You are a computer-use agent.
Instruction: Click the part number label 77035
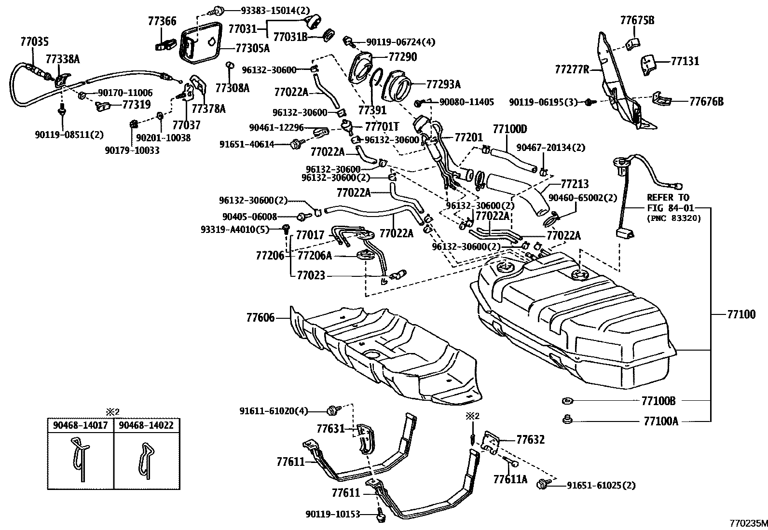coord(34,41)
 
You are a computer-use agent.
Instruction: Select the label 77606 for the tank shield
coord(260,318)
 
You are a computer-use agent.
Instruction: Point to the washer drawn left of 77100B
coord(567,401)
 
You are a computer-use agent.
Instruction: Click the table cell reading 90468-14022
coord(146,426)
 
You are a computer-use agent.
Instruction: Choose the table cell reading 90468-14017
coord(81,426)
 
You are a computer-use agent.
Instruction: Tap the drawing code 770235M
coord(747,523)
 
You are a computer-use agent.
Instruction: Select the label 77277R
coord(572,69)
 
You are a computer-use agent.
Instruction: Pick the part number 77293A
coord(443,84)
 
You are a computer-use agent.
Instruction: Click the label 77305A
coord(252,48)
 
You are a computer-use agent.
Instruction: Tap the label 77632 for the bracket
coord(530,440)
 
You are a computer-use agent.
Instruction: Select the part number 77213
coord(575,184)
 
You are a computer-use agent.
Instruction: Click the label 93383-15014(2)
coord(275,10)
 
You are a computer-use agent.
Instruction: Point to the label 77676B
coord(706,101)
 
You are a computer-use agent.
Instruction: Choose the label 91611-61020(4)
coord(273,411)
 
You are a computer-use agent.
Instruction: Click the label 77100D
coord(509,129)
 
